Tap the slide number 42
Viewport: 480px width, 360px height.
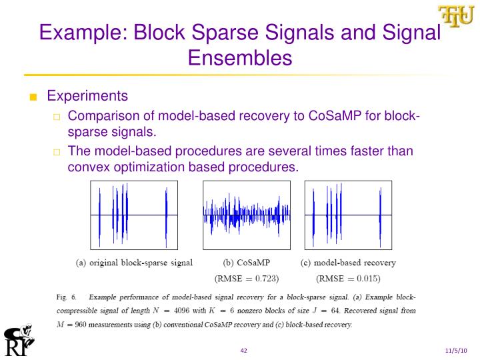(x=244, y=351)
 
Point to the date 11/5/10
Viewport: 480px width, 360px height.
(x=457, y=351)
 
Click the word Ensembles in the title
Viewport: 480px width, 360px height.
(x=240, y=58)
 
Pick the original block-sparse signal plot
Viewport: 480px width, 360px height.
(x=134, y=215)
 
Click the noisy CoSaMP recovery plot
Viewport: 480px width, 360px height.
(x=246, y=215)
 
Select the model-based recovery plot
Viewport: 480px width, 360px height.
(x=348, y=215)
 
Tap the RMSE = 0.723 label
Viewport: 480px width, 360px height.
(x=246, y=277)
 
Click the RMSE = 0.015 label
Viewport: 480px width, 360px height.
(x=349, y=277)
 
